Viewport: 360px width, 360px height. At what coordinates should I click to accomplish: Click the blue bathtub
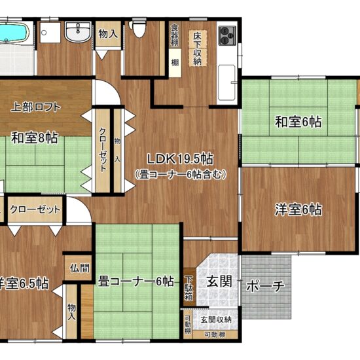[x=14, y=33]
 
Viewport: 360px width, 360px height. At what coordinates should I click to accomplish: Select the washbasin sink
[x=79, y=32]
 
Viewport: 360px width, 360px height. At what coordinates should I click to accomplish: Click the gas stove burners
[x=227, y=35]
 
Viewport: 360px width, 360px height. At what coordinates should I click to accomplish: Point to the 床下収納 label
[x=198, y=48]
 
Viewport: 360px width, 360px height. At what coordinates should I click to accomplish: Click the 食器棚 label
[x=175, y=35]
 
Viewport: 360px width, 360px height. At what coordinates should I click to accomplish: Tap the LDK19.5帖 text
[x=180, y=159]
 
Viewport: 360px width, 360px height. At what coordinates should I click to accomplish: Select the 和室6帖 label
[x=298, y=122]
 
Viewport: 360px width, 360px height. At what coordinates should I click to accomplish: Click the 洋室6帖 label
[x=298, y=209]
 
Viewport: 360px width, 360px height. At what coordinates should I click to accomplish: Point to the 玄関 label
[x=219, y=281]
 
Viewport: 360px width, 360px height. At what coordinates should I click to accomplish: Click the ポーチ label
[x=265, y=286]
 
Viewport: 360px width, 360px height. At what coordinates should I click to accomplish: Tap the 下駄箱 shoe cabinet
[x=189, y=287]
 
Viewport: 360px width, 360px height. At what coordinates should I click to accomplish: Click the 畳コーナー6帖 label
[x=136, y=281]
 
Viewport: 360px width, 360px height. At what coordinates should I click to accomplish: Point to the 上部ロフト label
[x=35, y=107]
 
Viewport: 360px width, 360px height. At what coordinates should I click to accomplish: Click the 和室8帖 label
[x=35, y=137]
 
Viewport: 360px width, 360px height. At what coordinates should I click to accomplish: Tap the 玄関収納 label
[x=216, y=319]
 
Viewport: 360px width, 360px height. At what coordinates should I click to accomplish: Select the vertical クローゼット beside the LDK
[x=103, y=151]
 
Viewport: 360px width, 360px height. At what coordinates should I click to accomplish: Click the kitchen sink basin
[x=227, y=82]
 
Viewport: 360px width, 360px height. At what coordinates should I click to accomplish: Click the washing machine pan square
[x=50, y=32]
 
